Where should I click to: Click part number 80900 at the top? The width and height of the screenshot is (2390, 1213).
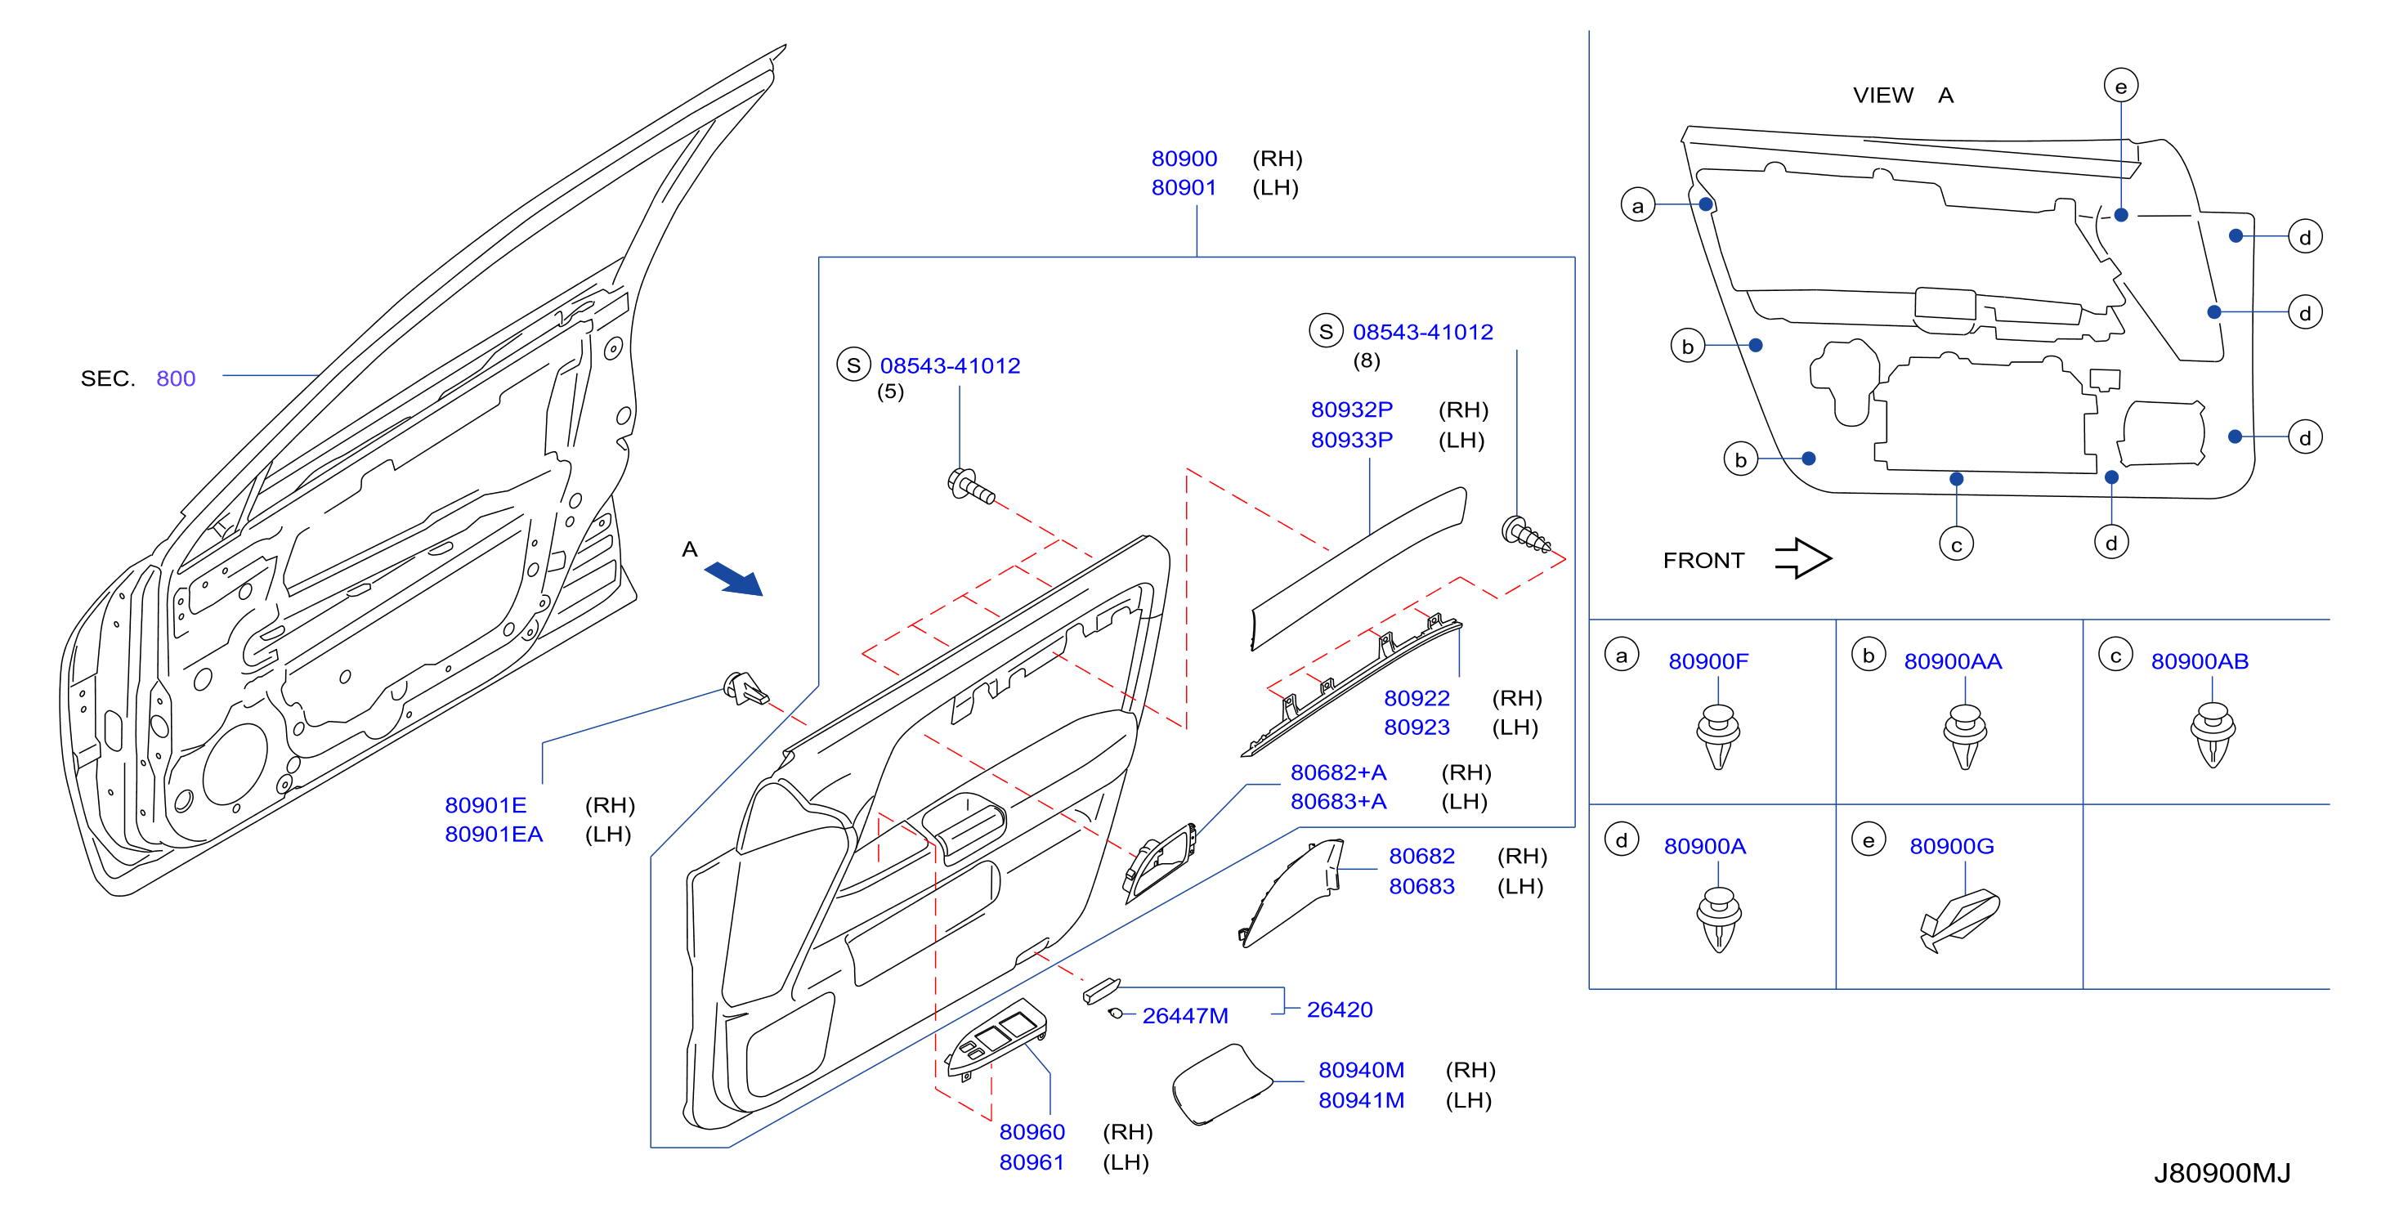point(1184,159)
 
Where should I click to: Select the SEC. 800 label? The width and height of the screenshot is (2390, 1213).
point(138,378)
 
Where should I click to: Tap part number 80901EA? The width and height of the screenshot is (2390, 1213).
point(494,835)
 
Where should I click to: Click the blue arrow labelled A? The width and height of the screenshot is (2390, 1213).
point(733,578)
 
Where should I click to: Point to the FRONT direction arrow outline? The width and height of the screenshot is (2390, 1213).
point(1801,559)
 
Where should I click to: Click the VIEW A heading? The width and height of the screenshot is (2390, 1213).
point(1903,95)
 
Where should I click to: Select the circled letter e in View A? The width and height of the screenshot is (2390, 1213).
point(2121,87)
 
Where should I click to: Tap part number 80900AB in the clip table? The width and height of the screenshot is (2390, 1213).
point(2199,662)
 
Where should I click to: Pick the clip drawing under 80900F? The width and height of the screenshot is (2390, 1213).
point(1718,737)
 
